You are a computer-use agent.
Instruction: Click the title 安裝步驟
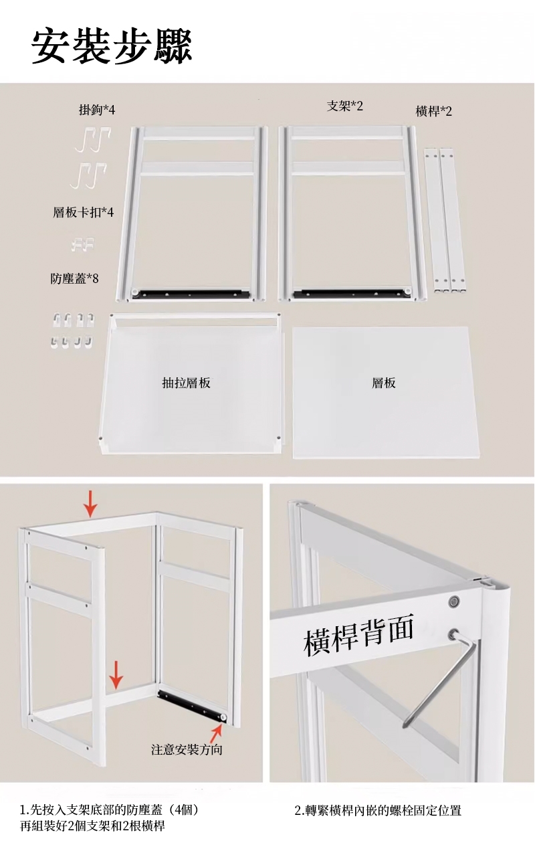pos(112,47)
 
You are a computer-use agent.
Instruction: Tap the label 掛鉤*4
pos(97,110)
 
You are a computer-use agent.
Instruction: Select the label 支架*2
pos(345,106)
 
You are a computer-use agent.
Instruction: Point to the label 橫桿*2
pos(434,111)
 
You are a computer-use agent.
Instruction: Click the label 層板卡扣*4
pos(84,213)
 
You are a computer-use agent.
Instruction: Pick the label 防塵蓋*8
pos(75,278)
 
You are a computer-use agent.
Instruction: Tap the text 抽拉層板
pos(186,383)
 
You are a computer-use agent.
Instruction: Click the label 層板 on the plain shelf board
pos(383,383)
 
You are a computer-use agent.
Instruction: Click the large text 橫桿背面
pos(358,634)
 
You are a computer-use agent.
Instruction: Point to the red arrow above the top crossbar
pos(90,504)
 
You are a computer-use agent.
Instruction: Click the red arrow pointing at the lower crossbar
pos(116,675)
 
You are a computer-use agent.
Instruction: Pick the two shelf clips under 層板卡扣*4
pos(84,244)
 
